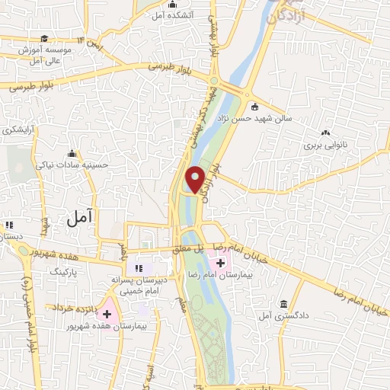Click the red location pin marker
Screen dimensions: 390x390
tap(196, 178)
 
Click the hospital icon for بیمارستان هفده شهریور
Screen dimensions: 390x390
tap(107, 313)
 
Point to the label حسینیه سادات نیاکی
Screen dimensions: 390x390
tap(74, 164)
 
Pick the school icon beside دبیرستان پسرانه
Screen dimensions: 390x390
tap(139, 267)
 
